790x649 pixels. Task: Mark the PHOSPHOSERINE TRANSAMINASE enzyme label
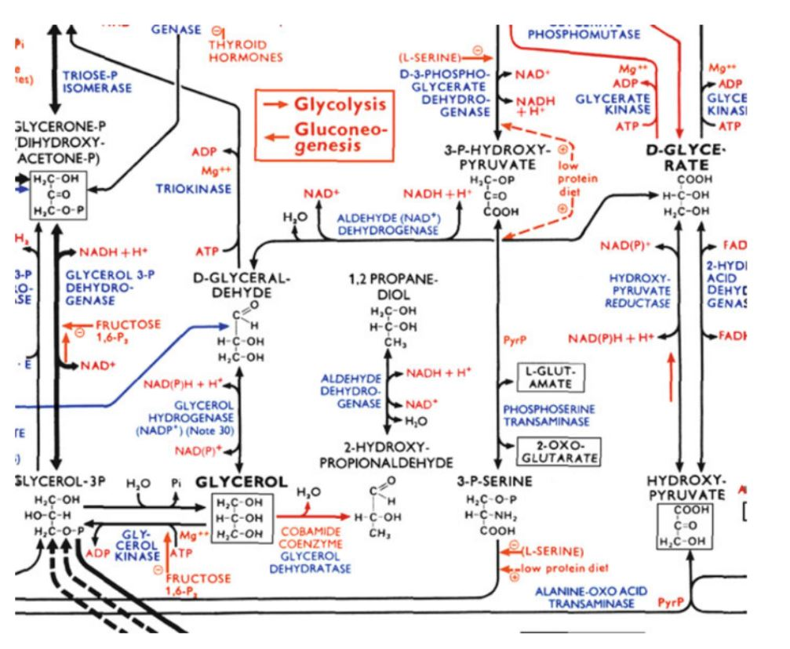[548, 415]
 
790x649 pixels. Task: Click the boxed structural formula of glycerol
[242, 517]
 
